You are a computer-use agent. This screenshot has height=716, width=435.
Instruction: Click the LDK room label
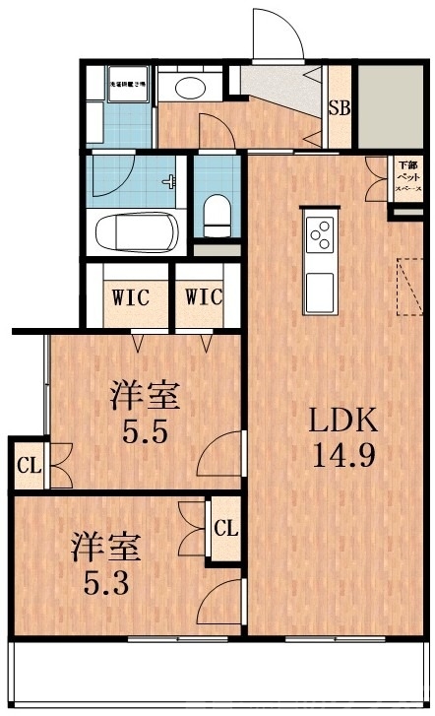[x=343, y=421]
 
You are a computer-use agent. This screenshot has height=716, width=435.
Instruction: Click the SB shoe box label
[x=339, y=108]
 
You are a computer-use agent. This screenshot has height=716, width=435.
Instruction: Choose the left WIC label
[x=131, y=295]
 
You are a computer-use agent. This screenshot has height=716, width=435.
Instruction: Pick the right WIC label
[x=202, y=295]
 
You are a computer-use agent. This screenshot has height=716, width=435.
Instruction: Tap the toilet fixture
[x=214, y=210]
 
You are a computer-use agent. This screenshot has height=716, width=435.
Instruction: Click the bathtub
[x=137, y=234]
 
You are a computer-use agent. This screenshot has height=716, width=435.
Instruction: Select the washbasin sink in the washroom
[x=189, y=88]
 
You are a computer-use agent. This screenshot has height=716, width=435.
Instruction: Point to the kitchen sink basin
[x=321, y=291]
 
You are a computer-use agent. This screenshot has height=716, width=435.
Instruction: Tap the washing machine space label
[x=127, y=86]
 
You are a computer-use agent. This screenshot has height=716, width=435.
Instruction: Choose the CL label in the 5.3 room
[x=225, y=527]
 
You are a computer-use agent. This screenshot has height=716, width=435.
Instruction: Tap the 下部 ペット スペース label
[x=406, y=175]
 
